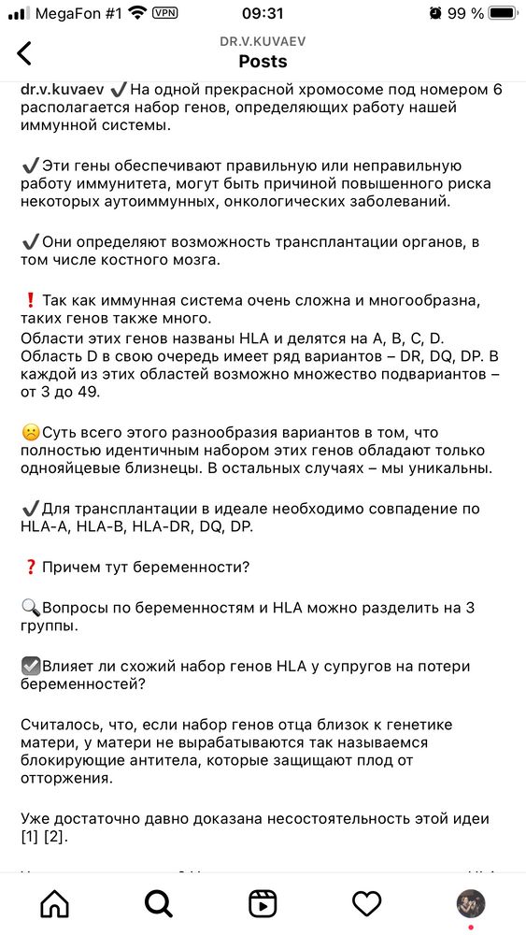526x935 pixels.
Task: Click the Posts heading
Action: click(263, 62)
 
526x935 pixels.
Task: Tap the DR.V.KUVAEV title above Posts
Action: click(263, 42)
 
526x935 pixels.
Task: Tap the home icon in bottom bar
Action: click(55, 903)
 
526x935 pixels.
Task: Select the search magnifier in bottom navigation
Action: click(159, 903)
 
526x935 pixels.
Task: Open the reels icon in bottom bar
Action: click(263, 903)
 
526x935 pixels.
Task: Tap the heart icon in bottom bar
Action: click(366, 903)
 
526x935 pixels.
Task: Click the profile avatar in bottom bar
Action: click(470, 903)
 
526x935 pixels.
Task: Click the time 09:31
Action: click(263, 13)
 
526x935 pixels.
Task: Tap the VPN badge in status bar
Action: click(165, 13)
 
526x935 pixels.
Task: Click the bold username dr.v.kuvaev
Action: click(62, 90)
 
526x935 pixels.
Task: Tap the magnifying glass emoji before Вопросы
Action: click(30, 608)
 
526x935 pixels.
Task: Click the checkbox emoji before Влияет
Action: click(30, 667)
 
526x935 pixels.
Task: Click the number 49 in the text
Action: click(85, 392)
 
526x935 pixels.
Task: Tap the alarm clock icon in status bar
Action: click(435, 13)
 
